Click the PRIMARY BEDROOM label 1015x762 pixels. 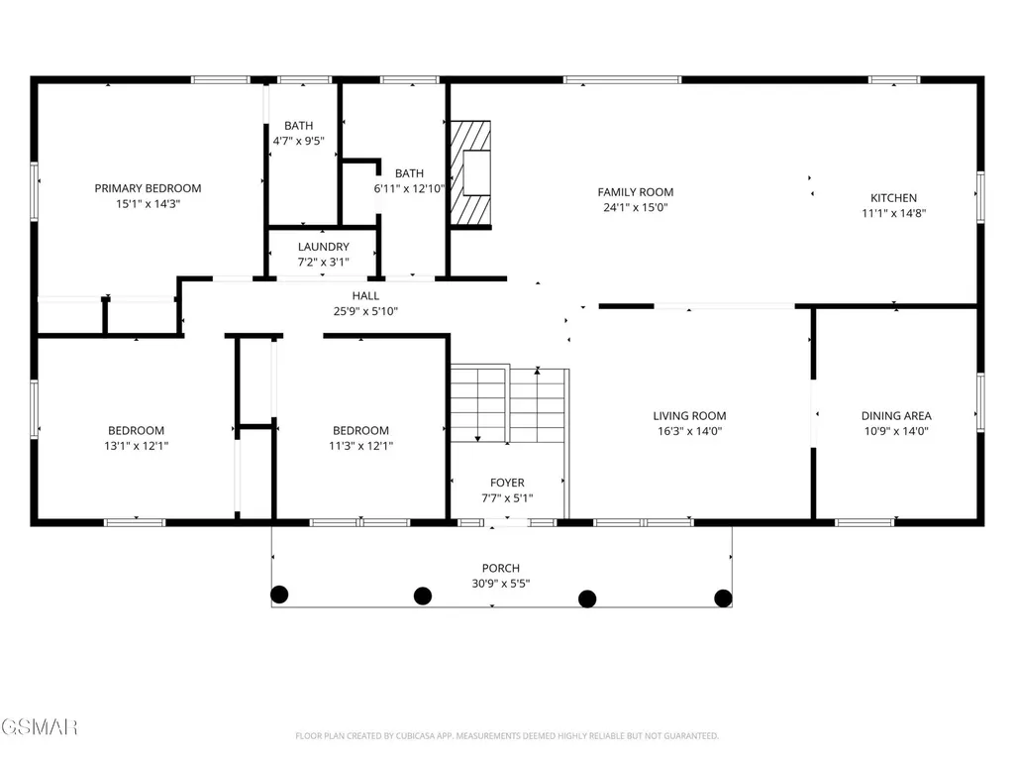(148, 188)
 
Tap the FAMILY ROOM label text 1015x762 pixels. (635, 192)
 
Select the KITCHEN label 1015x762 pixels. (893, 198)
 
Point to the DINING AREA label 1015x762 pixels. (896, 416)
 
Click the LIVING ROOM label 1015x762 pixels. (689, 416)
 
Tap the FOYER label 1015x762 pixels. (507, 483)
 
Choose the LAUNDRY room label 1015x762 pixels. (323, 247)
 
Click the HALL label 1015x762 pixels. (365, 296)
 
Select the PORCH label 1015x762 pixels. (500, 568)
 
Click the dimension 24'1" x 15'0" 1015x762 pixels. (635, 208)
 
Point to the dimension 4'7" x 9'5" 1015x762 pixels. (298, 141)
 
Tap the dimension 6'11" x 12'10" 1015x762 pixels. (409, 188)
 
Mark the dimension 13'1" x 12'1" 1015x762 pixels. (136, 446)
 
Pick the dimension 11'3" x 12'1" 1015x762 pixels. (360, 446)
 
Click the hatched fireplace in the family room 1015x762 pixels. (470, 173)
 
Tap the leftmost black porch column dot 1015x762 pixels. (279, 595)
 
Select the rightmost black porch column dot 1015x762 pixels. (723, 599)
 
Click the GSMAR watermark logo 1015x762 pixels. (39, 727)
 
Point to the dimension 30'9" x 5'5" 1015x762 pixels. (500, 584)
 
